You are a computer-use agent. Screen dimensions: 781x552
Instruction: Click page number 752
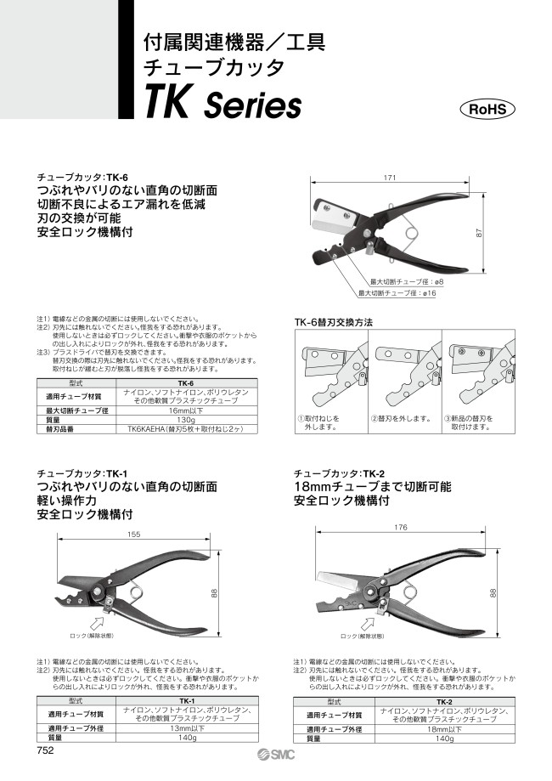46,750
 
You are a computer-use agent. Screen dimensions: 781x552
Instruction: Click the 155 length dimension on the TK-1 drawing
133,535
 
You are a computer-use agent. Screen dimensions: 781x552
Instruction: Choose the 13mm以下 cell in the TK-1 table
185,728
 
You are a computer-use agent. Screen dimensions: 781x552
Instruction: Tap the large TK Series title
224,105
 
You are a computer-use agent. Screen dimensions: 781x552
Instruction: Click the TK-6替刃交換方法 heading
333,323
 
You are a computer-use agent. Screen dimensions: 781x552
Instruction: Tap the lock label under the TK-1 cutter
91,635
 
